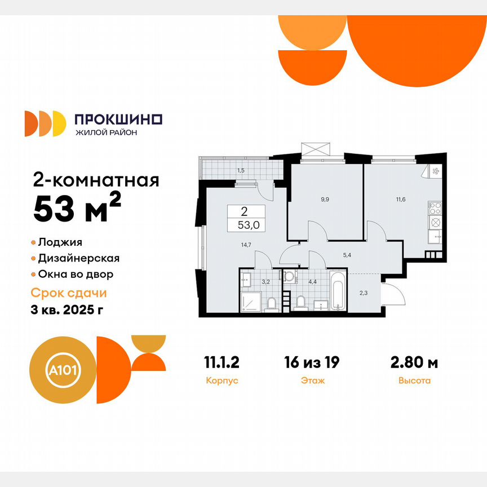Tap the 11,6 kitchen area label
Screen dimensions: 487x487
401,199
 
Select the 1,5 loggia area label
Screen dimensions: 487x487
241,170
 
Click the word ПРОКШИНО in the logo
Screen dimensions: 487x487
118,119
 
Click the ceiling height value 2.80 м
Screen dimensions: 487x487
414,362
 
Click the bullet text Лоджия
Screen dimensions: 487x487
60,242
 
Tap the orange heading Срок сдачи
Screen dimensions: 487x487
68,293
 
